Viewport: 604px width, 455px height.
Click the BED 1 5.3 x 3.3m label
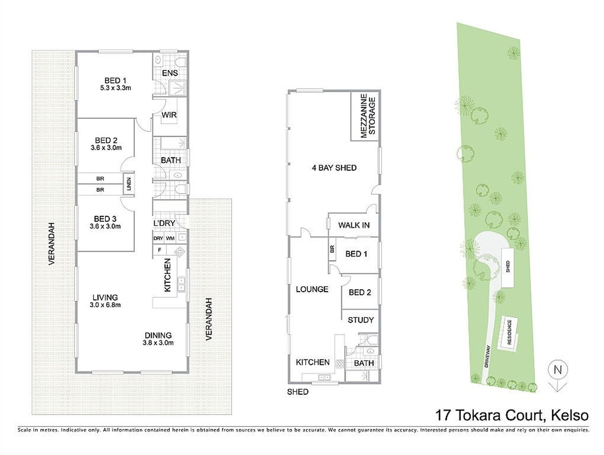coord(115,84)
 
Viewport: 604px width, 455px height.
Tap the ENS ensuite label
coord(170,73)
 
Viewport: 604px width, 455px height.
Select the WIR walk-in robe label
coord(169,115)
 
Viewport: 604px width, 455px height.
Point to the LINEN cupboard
coord(129,184)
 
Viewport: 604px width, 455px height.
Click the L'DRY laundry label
coord(164,223)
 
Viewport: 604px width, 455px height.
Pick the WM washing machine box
coord(170,238)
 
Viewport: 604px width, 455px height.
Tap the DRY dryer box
coord(158,238)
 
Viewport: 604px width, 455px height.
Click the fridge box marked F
coord(159,250)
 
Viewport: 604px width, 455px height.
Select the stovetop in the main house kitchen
coord(179,252)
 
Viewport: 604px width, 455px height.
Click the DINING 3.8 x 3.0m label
coord(158,339)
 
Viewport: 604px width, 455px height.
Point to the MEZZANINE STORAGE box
coord(365,116)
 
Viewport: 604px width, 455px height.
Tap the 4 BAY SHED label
coord(334,168)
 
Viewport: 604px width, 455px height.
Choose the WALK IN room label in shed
coord(354,225)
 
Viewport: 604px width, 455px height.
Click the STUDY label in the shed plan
coord(361,320)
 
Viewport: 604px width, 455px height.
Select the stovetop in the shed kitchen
coord(340,364)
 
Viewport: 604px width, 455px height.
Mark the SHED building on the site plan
coord(508,267)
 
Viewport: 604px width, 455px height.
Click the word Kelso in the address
coord(570,415)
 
